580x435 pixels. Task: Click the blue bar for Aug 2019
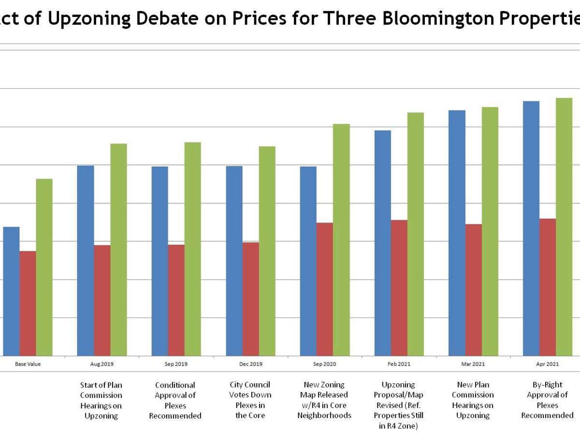pyautogui.click(x=86, y=261)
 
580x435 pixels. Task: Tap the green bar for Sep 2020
pyautogui.click(x=341, y=240)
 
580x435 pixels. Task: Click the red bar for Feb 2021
pyautogui.click(x=399, y=288)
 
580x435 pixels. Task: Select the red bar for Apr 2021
pyautogui.click(x=548, y=287)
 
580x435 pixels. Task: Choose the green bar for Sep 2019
pyautogui.click(x=192, y=249)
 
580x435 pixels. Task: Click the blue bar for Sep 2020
pyautogui.click(x=308, y=261)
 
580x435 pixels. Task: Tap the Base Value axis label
pyautogui.click(x=28, y=364)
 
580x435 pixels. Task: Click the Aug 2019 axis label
pyautogui.click(x=101, y=364)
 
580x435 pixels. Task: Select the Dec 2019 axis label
pyautogui.click(x=250, y=364)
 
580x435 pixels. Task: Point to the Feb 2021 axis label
pyautogui.click(x=399, y=364)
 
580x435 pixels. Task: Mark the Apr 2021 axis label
pyautogui.click(x=547, y=364)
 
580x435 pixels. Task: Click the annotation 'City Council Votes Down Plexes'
pyautogui.click(x=250, y=400)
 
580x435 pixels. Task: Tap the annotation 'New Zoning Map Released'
pyautogui.click(x=324, y=400)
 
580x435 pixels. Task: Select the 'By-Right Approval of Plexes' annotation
pyautogui.click(x=547, y=400)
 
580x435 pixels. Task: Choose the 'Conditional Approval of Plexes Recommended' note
pyautogui.click(x=175, y=400)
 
